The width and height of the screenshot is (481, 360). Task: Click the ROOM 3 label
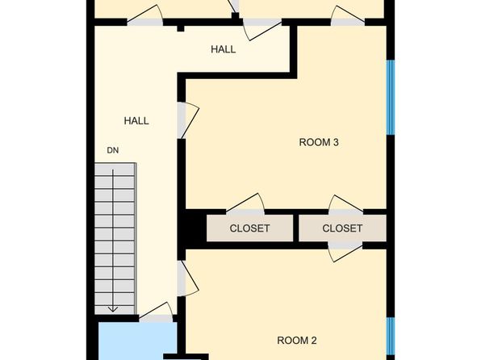(319, 142)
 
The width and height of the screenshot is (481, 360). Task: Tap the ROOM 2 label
(297, 341)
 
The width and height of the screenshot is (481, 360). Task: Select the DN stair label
(112, 150)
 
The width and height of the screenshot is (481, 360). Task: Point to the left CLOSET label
(249, 228)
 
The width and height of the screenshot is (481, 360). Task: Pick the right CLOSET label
(342, 228)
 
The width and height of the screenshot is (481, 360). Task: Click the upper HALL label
(224, 49)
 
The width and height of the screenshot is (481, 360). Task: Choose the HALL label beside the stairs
(136, 121)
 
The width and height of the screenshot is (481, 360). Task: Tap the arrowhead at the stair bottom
(113, 309)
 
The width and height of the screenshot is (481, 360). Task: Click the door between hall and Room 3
(188, 120)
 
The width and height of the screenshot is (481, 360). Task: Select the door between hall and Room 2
(188, 278)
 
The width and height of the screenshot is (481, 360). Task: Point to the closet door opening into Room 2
(345, 252)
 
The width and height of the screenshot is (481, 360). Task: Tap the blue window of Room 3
(391, 98)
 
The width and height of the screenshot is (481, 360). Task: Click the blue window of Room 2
(391, 336)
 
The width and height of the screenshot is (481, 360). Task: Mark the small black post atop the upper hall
(181, 28)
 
